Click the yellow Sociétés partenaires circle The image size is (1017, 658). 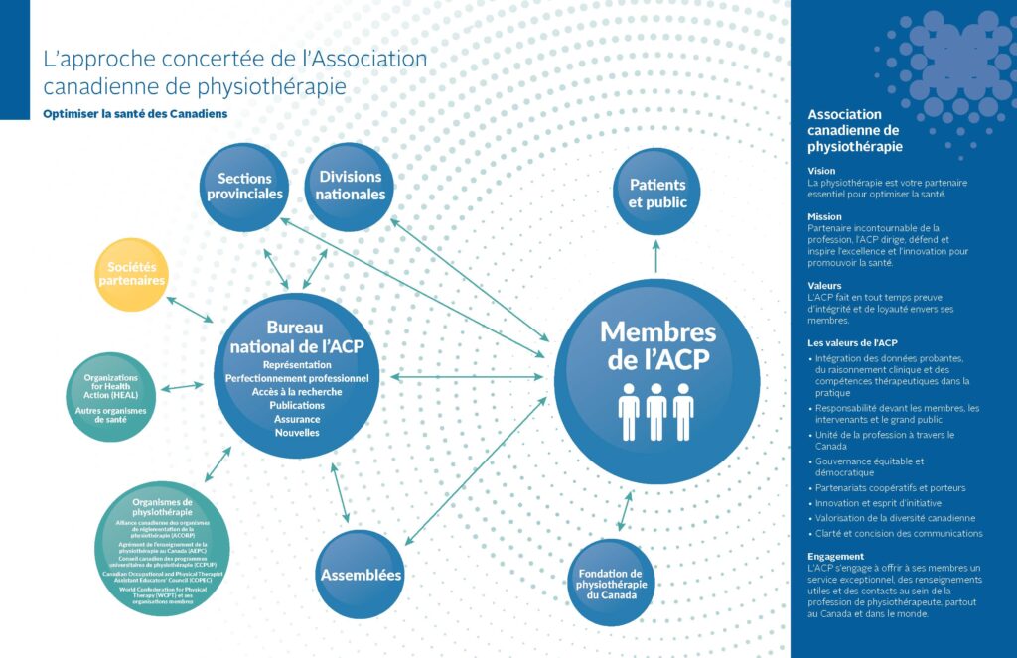coord(131,274)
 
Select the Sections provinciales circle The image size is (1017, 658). coord(244,187)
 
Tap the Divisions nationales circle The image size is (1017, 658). coord(350,187)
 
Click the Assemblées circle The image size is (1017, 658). coord(361,574)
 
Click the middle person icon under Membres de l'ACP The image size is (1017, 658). coord(656,411)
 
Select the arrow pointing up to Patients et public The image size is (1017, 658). coord(656,254)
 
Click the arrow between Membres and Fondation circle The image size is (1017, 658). coord(625,510)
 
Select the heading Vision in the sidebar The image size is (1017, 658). coord(822,171)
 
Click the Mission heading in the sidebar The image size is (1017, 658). coord(825,216)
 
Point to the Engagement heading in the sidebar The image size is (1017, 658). coord(836,556)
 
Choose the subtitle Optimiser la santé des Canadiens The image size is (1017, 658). coord(135,114)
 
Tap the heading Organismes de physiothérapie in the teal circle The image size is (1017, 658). coord(162,507)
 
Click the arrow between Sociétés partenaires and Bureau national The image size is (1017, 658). coord(190,309)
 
